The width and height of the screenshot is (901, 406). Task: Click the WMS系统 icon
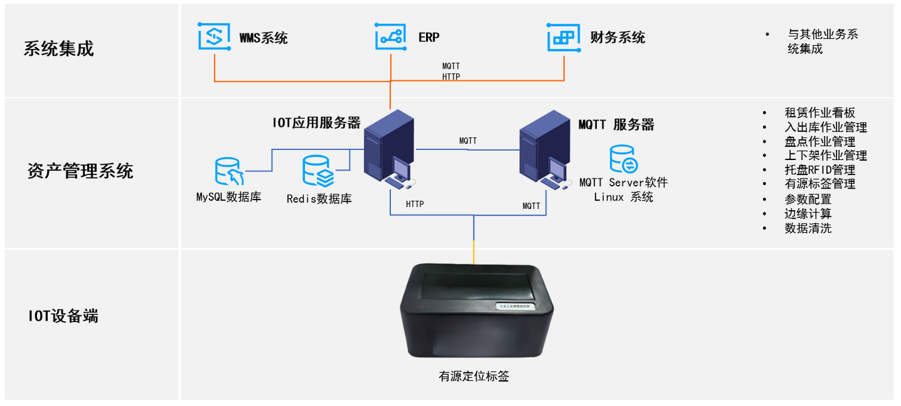pyautogui.click(x=214, y=37)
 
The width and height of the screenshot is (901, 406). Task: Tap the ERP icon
pyautogui.click(x=390, y=37)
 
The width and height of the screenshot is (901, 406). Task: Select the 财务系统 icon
pyautogui.click(x=563, y=37)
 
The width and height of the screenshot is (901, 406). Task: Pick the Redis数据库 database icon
pyautogui.click(x=317, y=171)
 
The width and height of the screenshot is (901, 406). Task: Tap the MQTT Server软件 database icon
pyautogui.click(x=624, y=159)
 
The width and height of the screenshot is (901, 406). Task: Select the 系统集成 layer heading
pyautogui.click(x=59, y=49)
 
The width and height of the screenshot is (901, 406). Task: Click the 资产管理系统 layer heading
pyautogui.click(x=80, y=172)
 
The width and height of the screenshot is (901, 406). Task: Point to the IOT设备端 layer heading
pyautogui.click(x=63, y=316)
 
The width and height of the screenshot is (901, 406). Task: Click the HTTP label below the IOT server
pyautogui.click(x=415, y=205)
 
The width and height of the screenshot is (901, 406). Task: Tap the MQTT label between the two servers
pyautogui.click(x=468, y=142)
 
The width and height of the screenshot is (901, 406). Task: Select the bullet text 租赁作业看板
pyautogui.click(x=820, y=113)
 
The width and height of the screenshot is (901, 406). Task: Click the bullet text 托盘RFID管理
pyautogui.click(x=820, y=170)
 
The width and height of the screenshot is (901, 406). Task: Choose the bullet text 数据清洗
pyautogui.click(x=808, y=228)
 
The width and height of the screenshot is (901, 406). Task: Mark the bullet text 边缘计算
pyautogui.click(x=808, y=214)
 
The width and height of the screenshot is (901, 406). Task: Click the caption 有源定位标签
pyautogui.click(x=474, y=377)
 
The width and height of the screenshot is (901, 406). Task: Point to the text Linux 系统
pyautogui.click(x=624, y=198)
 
